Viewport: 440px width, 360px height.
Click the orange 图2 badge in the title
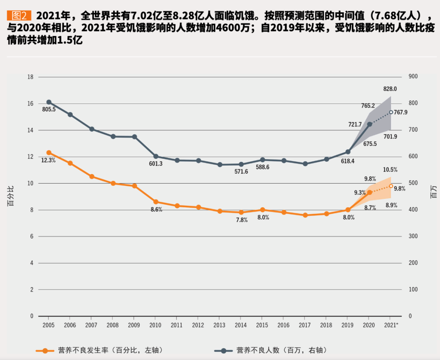point(19,16)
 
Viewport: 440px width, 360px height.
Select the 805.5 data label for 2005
point(48,110)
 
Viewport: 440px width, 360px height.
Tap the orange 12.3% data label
point(48,160)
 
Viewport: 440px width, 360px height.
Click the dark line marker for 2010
point(156,156)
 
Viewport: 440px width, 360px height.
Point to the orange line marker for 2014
point(241,212)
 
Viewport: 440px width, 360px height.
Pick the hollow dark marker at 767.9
point(391,112)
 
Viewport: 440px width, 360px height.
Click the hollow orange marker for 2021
point(391,186)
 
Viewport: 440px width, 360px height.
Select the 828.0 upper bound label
point(390,89)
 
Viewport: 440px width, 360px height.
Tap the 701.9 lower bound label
point(390,136)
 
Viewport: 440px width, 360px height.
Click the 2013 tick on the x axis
point(220,325)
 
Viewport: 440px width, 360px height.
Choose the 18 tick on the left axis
point(30,77)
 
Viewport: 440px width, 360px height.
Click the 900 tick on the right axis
point(414,77)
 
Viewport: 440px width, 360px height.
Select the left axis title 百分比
point(11,196)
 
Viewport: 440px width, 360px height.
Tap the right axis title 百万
point(433,196)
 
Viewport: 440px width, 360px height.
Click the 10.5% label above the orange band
point(390,169)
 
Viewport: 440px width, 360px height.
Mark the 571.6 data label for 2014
point(241,172)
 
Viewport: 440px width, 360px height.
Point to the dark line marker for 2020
point(370,124)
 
